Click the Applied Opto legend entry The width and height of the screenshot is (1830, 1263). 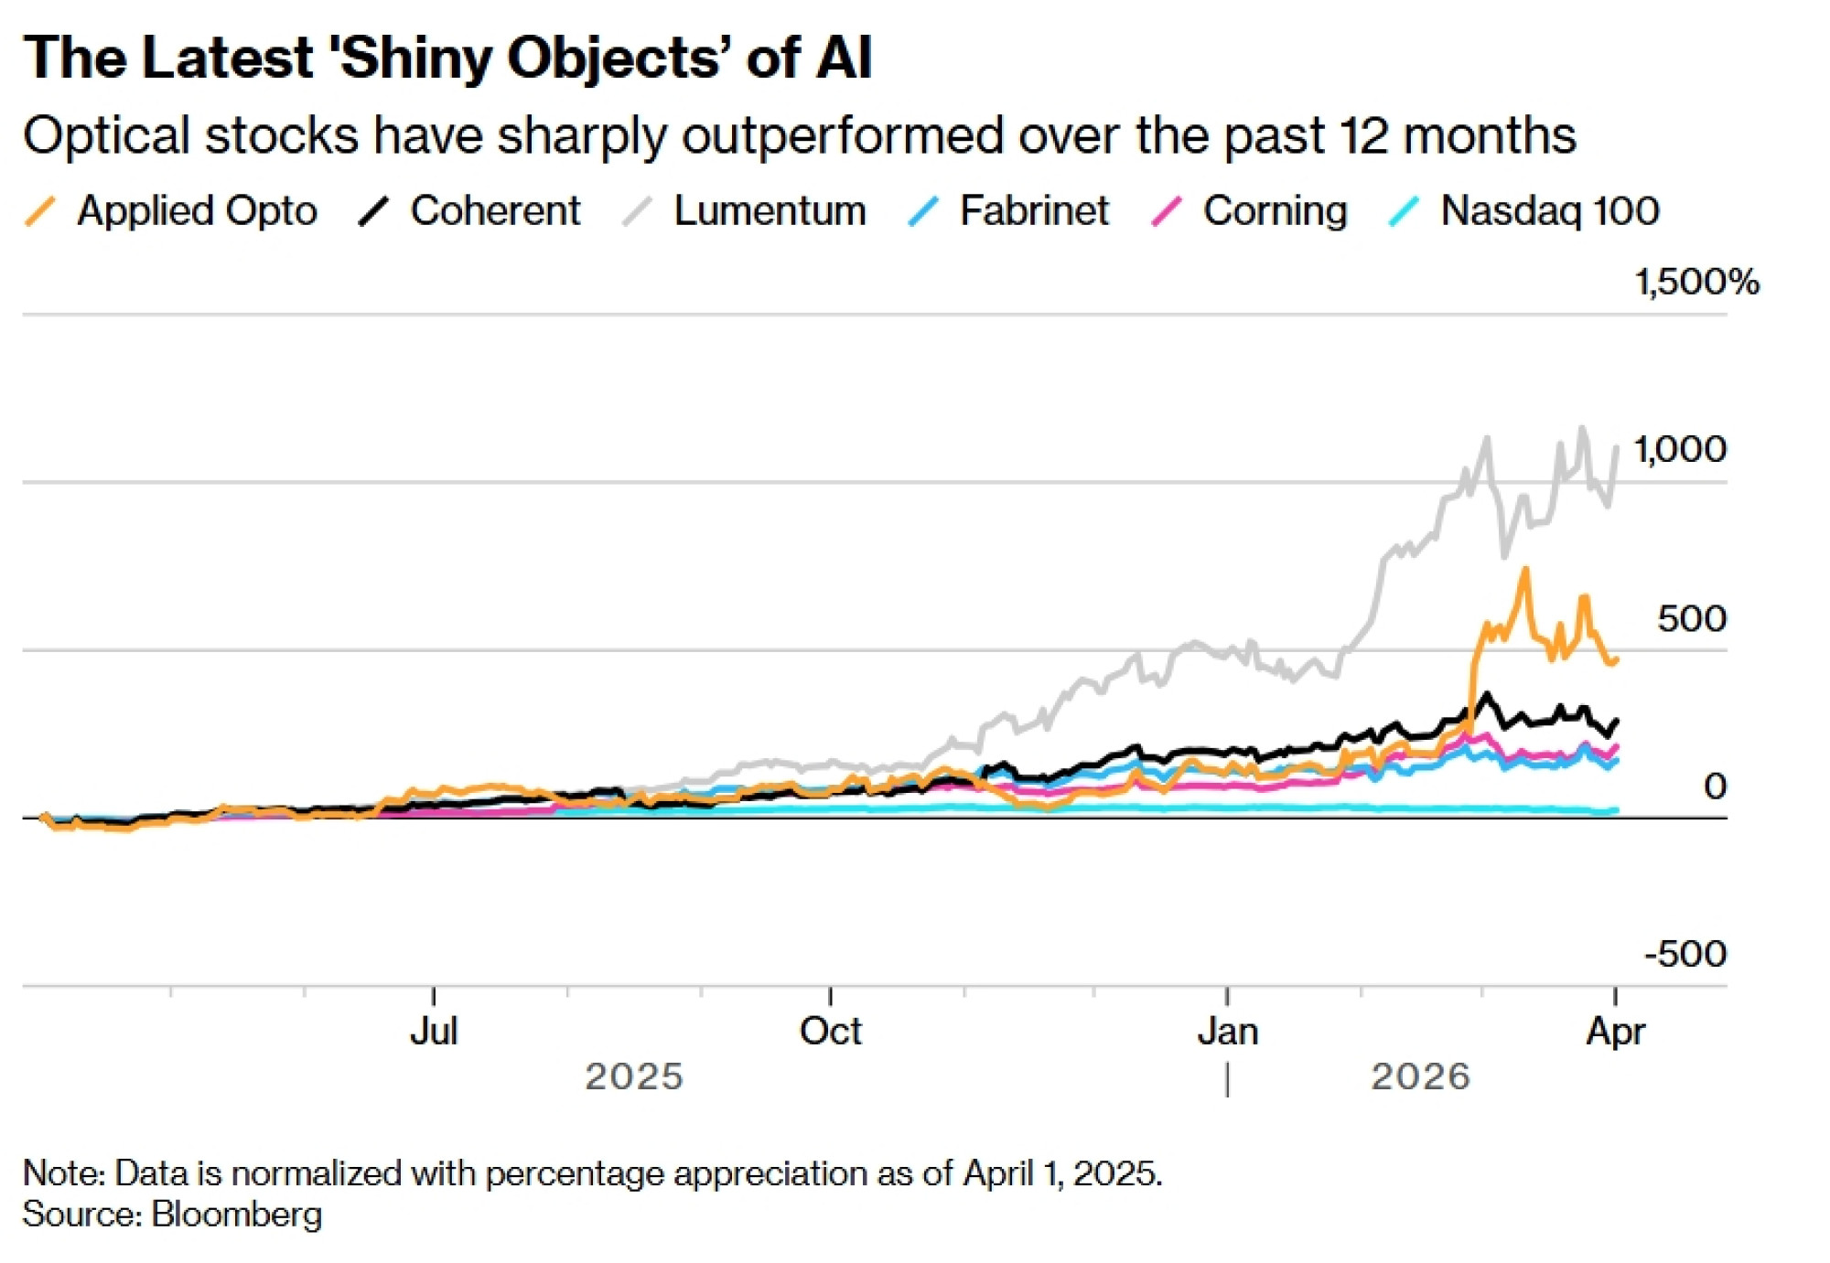[196, 211]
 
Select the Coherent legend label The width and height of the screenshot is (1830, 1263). [494, 211]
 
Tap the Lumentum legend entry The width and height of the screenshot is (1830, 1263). [769, 211]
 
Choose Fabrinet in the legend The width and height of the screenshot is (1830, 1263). [1033, 211]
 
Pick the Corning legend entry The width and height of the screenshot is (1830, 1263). [1275, 211]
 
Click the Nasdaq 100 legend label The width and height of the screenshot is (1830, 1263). [1549, 211]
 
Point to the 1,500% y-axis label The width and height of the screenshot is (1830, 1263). [1696, 282]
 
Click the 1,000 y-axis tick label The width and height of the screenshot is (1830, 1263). [1680, 449]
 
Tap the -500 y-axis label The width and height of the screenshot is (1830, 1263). [1685, 954]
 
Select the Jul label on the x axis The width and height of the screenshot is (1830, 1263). [434, 1031]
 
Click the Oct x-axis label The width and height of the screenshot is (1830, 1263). [830, 1031]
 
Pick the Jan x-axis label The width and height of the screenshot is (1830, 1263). [1228, 1031]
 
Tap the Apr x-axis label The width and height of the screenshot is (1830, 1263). [1615, 1031]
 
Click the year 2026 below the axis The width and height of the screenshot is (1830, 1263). [1420, 1076]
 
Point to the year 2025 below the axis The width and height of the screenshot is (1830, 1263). [634, 1076]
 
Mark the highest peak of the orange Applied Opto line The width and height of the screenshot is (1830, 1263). [1525, 570]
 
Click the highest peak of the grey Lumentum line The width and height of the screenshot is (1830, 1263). [1582, 428]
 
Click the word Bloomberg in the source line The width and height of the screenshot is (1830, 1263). [237, 1215]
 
